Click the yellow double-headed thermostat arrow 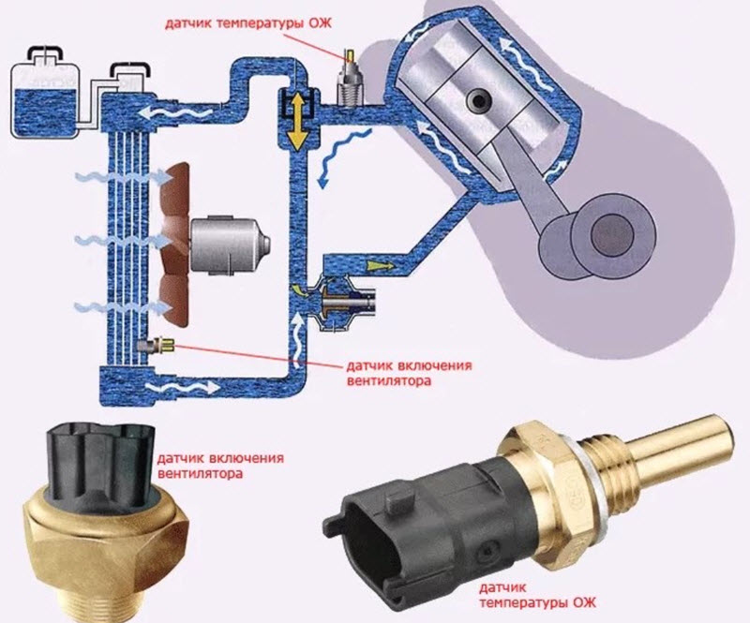pos(297,121)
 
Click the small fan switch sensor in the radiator pos(155,346)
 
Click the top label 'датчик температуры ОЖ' pos(248,23)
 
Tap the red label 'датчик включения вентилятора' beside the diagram pos(409,374)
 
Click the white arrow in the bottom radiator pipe pos(182,386)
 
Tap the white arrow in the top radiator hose pos(175,113)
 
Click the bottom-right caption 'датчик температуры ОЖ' pos(537,594)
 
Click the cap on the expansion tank pos(45,54)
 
